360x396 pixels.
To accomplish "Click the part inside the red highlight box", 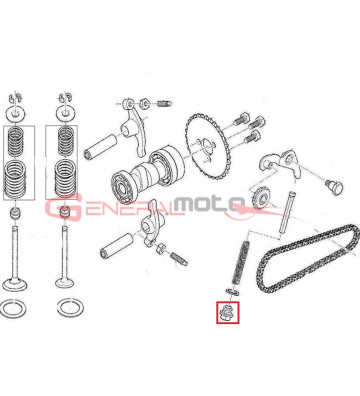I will pos(227,316).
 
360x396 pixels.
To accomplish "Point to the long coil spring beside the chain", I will pos(242,264).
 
